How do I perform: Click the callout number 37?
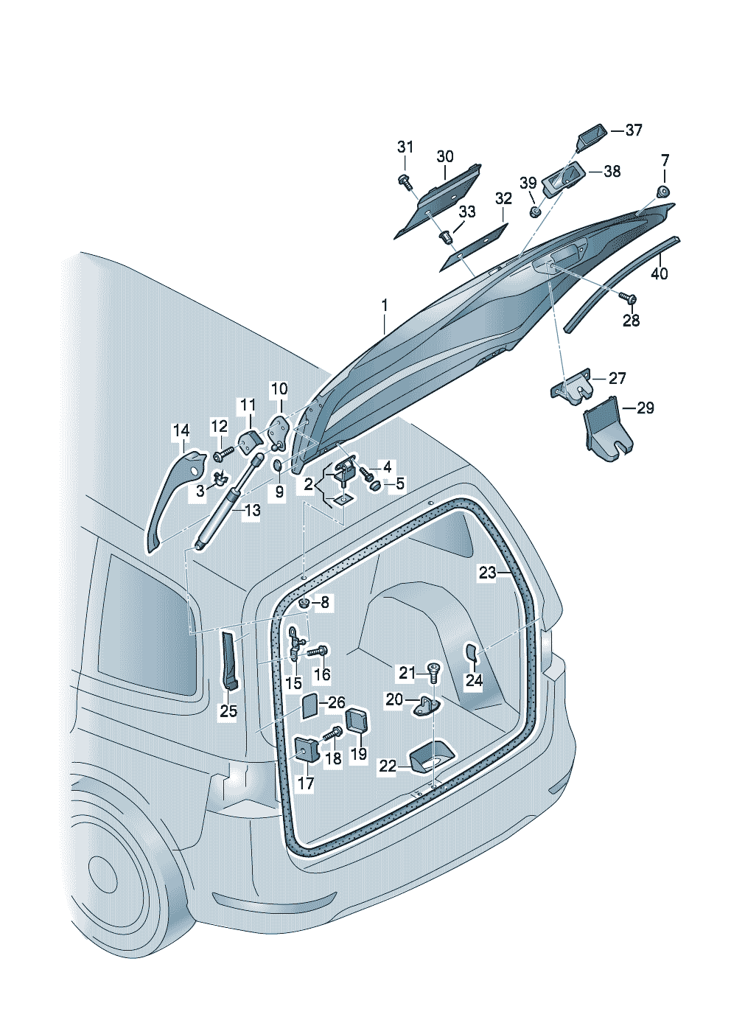point(634,130)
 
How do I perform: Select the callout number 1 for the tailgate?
point(385,306)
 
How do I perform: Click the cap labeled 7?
point(663,191)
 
